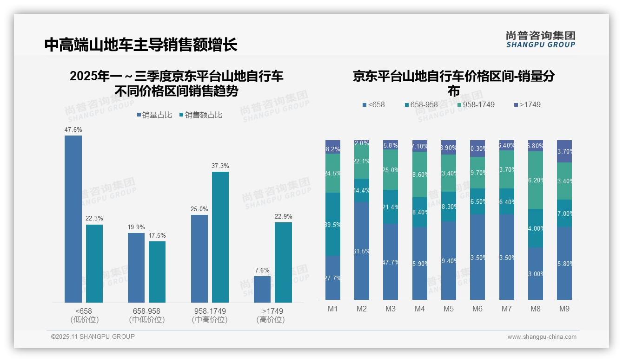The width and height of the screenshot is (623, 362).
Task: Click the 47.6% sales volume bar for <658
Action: [x=73, y=219]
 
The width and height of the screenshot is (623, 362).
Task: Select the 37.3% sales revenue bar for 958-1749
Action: [x=220, y=237]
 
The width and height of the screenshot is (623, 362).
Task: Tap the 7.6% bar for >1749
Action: [x=262, y=289]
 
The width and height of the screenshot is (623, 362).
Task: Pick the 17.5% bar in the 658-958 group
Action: [x=157, y=272]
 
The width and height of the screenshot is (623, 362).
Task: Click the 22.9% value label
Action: [x=283, y=216]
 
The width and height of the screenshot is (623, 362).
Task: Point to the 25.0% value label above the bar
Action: [x=199, y=209]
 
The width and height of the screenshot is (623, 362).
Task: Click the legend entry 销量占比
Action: [x=154, y=115]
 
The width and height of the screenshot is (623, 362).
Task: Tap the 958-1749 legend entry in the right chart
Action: [x=475, y=104]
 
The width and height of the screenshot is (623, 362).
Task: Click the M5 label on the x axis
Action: [x=449, y=309]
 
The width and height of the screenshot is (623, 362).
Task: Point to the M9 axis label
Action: [x=564, y=309]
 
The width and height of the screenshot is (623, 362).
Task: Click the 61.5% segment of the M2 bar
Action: [x=362, y=251]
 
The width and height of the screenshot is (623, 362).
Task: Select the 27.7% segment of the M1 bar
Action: [x=333, y=278]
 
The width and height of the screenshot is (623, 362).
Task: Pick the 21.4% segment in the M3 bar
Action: [x=391, y=207]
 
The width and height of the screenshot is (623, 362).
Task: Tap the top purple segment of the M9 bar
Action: [x=564, y=151]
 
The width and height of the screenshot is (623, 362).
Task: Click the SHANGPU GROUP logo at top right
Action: [x=540, y=39]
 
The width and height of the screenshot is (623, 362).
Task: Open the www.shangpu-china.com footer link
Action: [x=542, y=337]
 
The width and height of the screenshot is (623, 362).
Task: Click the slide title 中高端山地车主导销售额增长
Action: [x=141, y=45]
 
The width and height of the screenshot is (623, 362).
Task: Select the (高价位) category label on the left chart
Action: [x=271, y=320]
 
